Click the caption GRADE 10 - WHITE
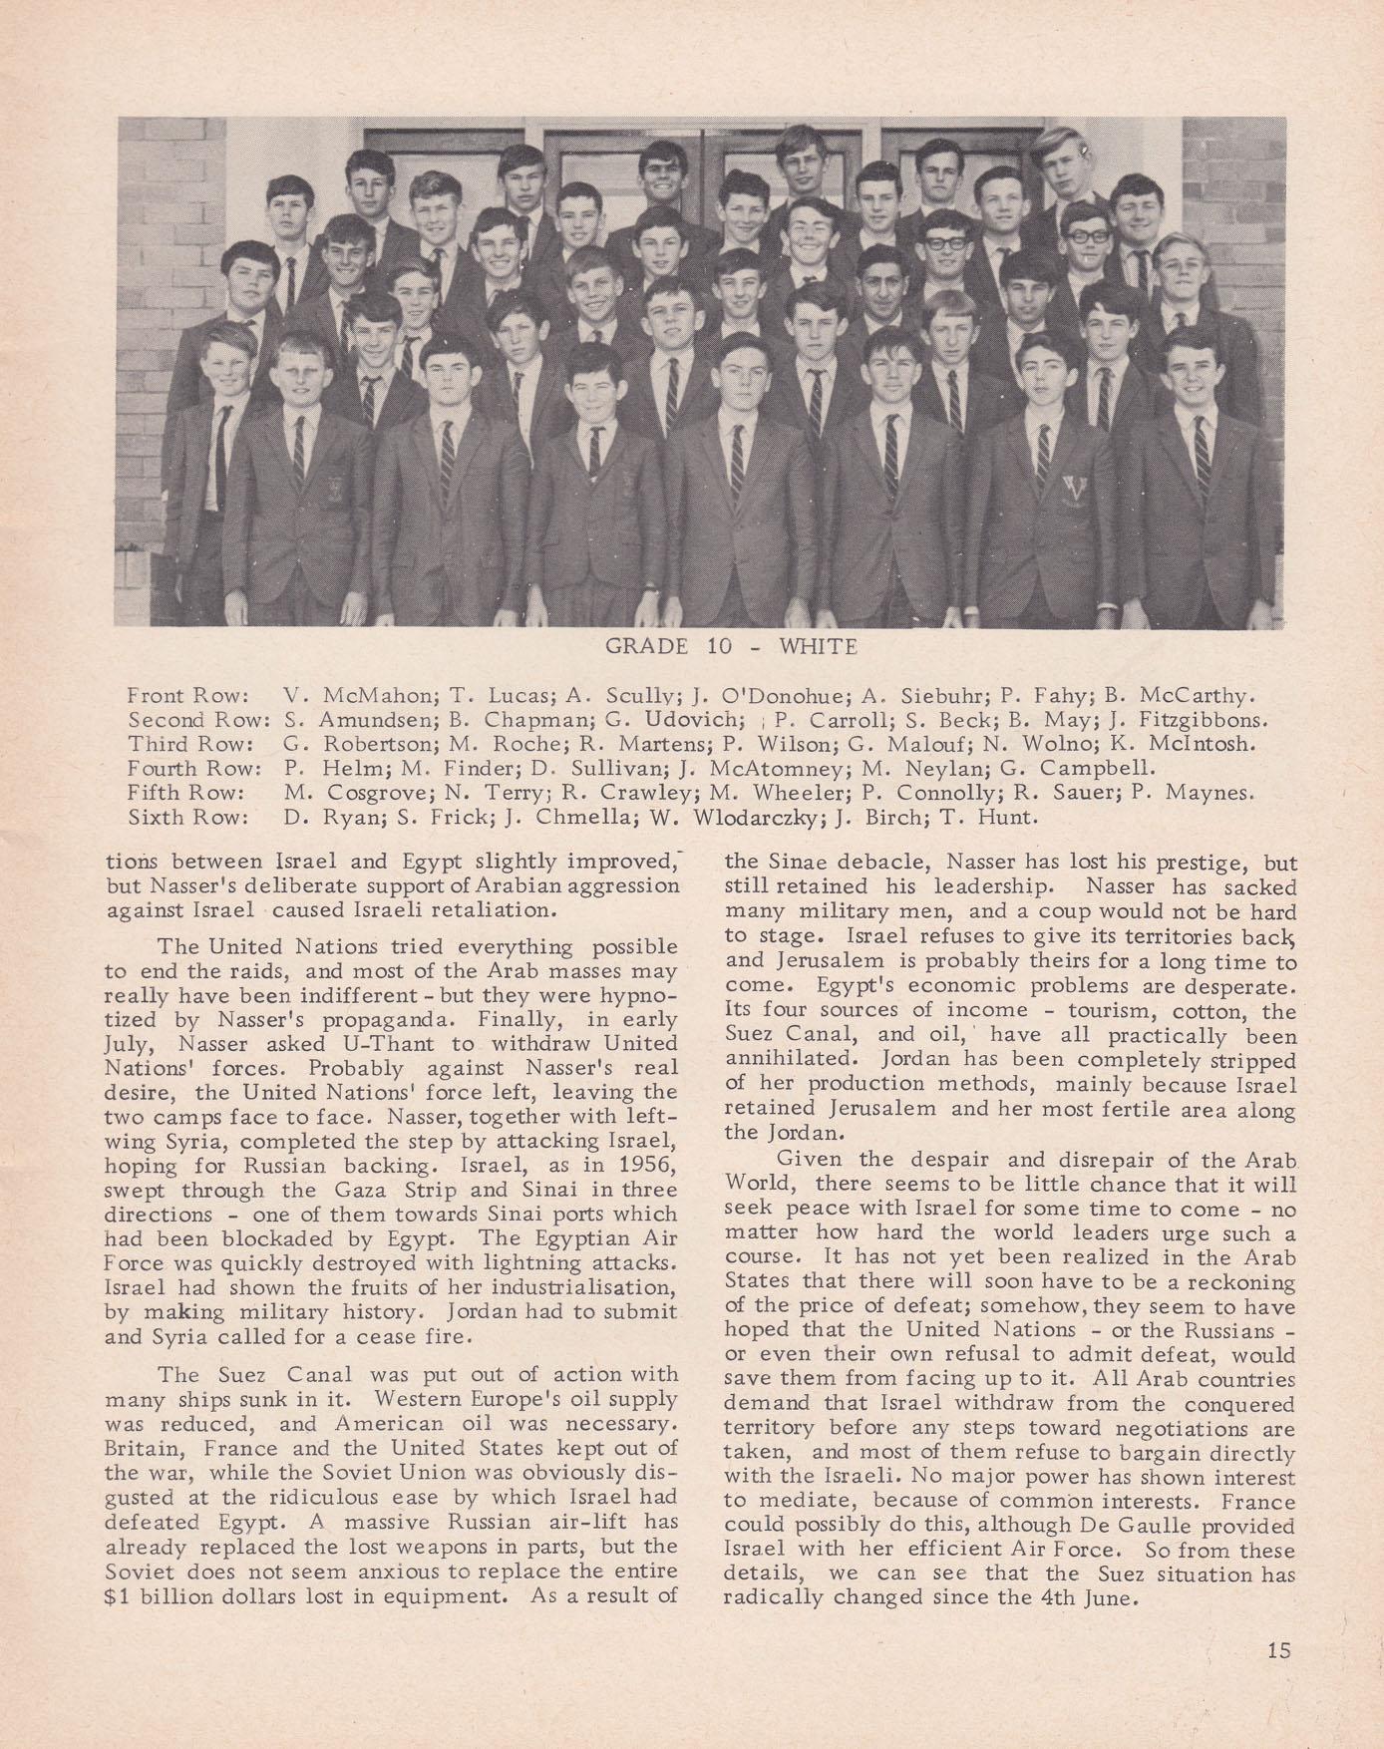click(x=731, y=646)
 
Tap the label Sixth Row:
click(x=186, y=819)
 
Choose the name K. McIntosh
click(x=1186, y=744)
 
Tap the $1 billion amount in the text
click(x=161, y=1593)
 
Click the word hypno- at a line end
click(x=639, y=995)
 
